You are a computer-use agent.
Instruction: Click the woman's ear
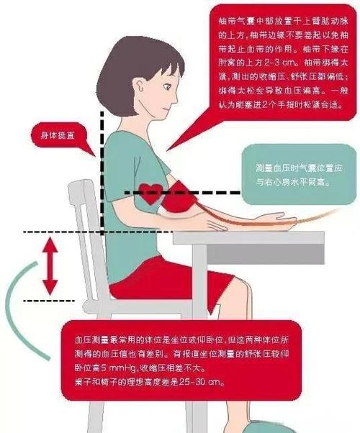point(138,91)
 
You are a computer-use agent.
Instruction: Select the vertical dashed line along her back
point(102,173)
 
